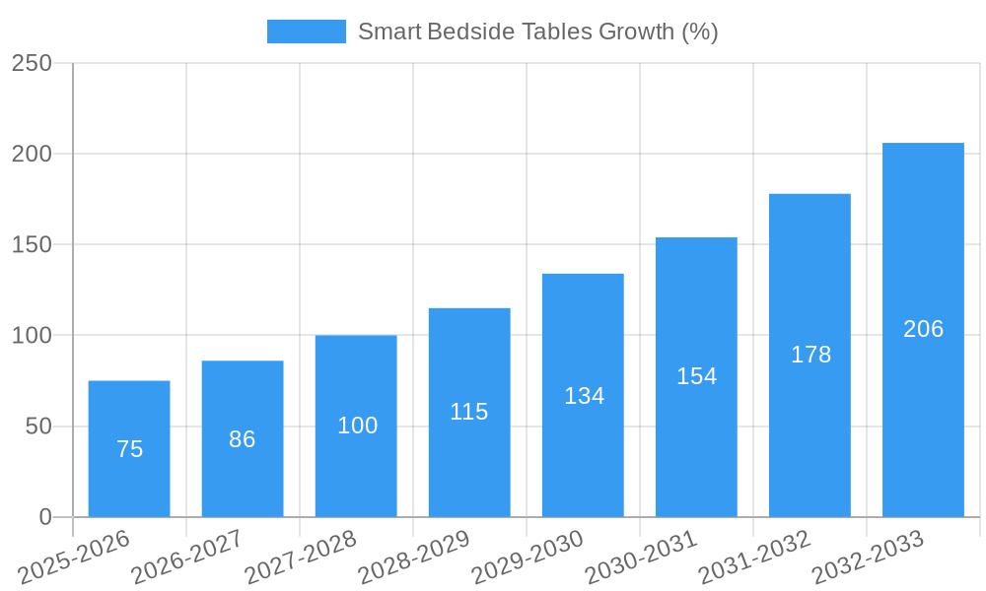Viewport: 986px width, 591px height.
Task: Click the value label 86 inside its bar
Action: (x=243, y=439)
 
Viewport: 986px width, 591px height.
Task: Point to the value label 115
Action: (x=469, y=412)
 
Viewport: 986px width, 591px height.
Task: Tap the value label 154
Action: (x=697, y=376)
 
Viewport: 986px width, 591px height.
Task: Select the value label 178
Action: (x=810, y=355)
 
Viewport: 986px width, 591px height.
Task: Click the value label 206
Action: (x=923, y=329)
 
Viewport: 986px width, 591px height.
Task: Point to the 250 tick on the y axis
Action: (x=32, y=63)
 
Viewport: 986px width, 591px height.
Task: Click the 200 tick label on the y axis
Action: (x=32, y=154)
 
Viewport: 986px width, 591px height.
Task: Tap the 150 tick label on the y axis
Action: (x=32, y=244)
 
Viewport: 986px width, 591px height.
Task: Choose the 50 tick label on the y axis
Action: (x=38, y=427)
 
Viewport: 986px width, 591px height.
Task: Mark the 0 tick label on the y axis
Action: (x=45, y=517)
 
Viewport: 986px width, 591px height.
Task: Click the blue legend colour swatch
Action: (x=307, y=32)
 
